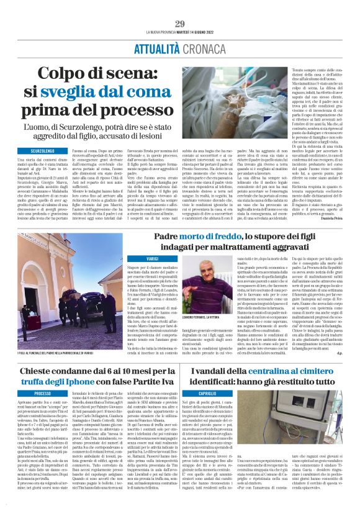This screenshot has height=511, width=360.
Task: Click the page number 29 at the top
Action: pyautogui.click(x=180, y=24)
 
